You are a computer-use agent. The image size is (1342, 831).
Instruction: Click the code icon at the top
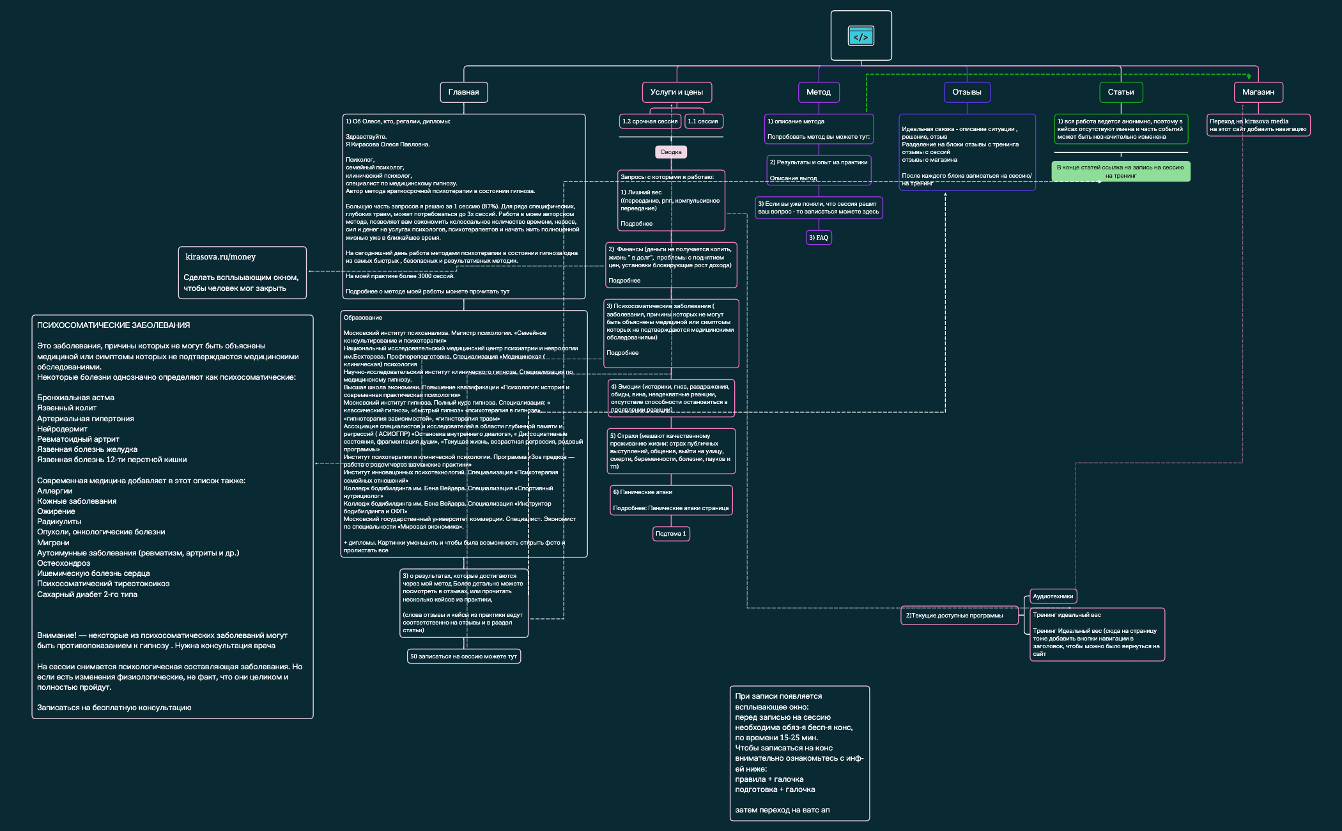pyautogui.click(x=861, y=36)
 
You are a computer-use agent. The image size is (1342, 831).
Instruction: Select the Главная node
pyautogui.click(x=463, y=92)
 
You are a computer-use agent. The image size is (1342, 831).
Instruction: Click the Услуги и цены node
pyautogui.click(x=676, y=92)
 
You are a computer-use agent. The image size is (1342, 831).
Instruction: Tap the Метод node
pyautogui.click(x=818, y=92)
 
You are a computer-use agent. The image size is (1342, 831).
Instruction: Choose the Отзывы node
pyautogui.click(x=966, y=92)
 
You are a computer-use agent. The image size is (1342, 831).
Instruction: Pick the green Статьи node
pyautogui.click(x=1120, y=92)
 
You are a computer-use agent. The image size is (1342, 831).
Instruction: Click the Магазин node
pyautogui.click(x=1258, y=92)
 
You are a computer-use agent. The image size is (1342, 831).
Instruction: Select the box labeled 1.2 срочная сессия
pyautogui.click(x=649, y=121)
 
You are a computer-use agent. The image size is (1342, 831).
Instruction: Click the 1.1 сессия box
pyautogui.click(x=703, y=121)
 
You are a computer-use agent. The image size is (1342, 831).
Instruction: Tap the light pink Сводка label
pyautogui.click(x=670, y=152)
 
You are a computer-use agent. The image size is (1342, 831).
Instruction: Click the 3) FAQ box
pyautogui.click(x=818, y=238)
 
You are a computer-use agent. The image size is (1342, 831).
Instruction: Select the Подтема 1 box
pyautogui.click(x=670, y=534)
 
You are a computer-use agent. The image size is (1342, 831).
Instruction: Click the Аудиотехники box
pyautogui.click(x=1053, y=596)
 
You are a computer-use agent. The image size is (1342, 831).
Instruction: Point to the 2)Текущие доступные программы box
pyautogui.click(x=958, y=616)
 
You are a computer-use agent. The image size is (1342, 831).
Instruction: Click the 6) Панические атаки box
pyautogui.click(x=670, y=500)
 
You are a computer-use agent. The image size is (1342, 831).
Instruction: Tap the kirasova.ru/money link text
pyautogui.click(x=220, y=257)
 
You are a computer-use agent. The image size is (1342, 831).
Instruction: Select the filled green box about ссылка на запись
pyautogui.click(x=1120, y=171)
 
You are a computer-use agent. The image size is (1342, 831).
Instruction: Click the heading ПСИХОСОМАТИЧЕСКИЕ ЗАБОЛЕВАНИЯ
pyautogui.click(x=113, y=325)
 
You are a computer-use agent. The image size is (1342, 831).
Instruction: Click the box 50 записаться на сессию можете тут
pyautogui.click(x=463, y=656)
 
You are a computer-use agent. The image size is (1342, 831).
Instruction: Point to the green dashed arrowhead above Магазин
pyautogui.click(x=1249, y=77)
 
